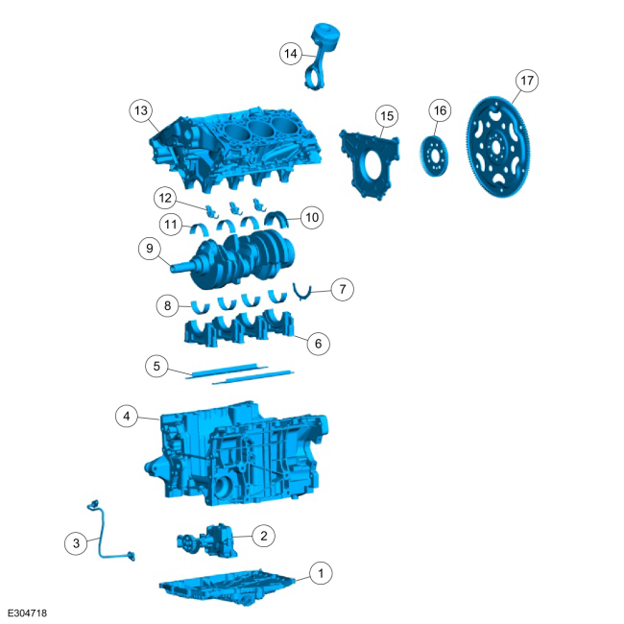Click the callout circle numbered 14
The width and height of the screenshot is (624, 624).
pos(291,54)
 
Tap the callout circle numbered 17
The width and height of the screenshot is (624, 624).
pos(527,81)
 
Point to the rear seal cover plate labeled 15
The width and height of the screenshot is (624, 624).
pos(370,163)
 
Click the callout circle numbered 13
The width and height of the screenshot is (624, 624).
pos(141,110)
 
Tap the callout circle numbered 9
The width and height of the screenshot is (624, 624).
pos(150,249)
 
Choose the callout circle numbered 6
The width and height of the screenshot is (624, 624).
pos(319,344)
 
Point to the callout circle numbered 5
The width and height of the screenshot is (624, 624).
pos(156,366)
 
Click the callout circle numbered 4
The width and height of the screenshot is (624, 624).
pos(127,417)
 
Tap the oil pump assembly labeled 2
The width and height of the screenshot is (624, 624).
pos(207,541)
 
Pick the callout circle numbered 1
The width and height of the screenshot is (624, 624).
pos(321,573)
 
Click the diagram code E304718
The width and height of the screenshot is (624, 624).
pos(27,612)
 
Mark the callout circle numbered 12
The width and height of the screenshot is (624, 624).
pos(165,198)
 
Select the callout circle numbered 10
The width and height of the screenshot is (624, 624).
pos(312,217)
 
